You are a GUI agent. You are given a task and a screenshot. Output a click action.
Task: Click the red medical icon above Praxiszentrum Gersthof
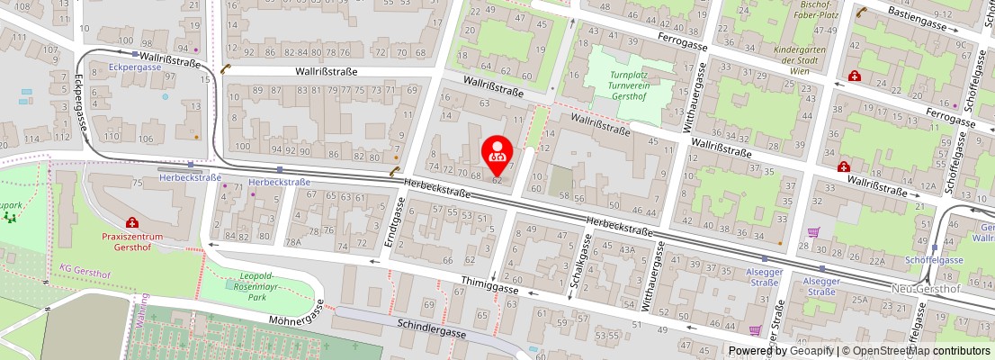[132, 222]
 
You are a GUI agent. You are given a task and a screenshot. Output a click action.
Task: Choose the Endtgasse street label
[392, 221]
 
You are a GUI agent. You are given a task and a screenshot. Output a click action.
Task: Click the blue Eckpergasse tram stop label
[134, 67]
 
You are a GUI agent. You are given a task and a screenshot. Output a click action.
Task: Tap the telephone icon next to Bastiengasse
[861, 12]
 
